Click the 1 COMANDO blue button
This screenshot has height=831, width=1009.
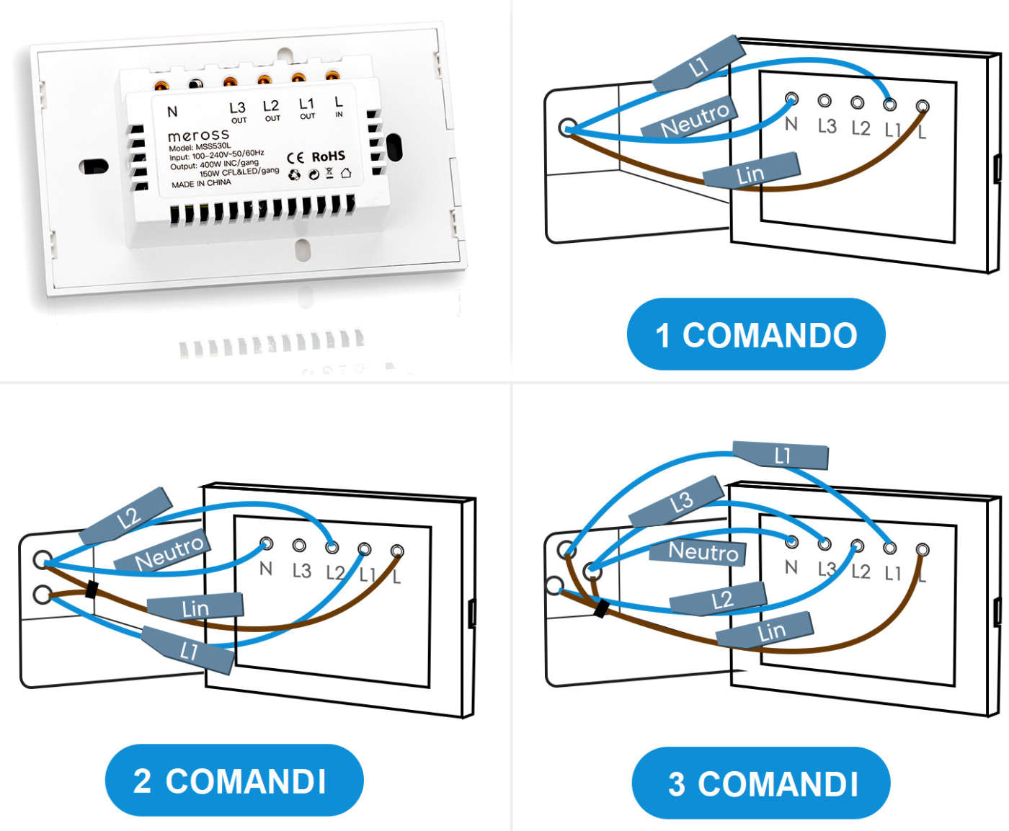pyautogui.click(x=756, y=334)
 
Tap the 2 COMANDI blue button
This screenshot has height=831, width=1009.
pyautogui.click(x=234, y=781)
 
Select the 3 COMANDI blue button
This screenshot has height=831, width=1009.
pyautogui.click(x=761, y=783)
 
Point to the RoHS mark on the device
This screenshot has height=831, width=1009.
pyautogui.click(x=328, y=156)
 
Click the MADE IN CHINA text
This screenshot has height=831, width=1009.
pyautogui.click(x=201, y=184)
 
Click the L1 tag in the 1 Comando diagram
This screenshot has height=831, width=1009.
pyautogui.click(x=698, y=66)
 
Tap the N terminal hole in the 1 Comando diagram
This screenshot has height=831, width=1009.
pyautogui.click(x=791, y=99)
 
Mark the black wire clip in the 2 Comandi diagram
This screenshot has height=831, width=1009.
pyautogui.click(x=92, y=589)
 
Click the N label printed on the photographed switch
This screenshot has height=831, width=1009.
pyautogui.click(x=172, y=112)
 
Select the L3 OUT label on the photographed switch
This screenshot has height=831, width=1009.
pyautogui.click(x=237, y=112)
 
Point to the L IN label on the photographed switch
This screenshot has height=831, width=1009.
pyautogui.click(x=338, y=107)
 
